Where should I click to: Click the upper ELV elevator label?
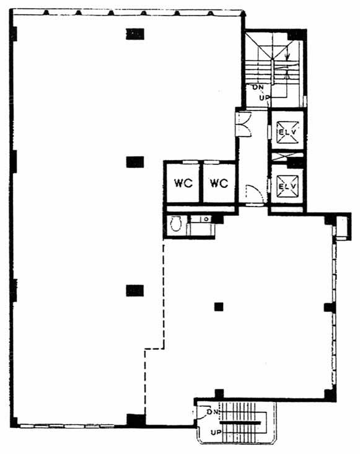[288, 131]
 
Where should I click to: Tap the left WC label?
[183, 184]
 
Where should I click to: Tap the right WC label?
[219, 184]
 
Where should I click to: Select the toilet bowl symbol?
[175, 224]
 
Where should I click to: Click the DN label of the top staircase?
[258, 87]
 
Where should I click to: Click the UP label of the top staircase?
[265, 98]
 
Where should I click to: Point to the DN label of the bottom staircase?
[213, 411]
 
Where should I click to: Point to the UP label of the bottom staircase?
[216, 432]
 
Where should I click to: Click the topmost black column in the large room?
[134, 34]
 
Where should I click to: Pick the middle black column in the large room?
[135, 162]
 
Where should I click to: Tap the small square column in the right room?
[219, 306]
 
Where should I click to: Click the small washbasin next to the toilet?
[206, 219]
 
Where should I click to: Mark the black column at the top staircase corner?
[296, 35]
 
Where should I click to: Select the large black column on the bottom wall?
[136, 421]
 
